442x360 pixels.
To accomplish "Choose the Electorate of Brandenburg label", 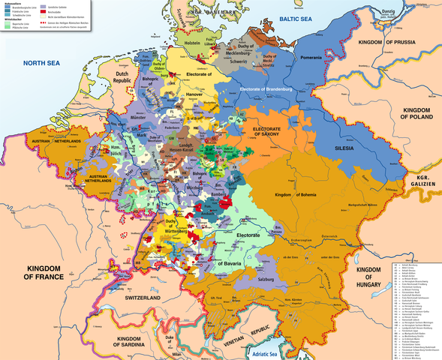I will [x=266, y=89].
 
